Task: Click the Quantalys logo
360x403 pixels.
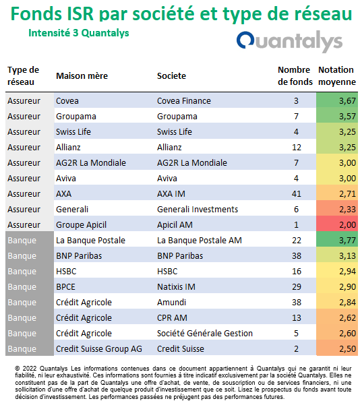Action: click(x=289, y=41)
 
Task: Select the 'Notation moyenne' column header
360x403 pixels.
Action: click(x=337, y=76)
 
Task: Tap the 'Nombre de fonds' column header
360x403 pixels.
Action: click(x=295, y=76)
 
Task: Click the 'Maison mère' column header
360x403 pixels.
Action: click(x=82, y=76)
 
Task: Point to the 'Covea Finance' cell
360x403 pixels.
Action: click(x=184, y=101)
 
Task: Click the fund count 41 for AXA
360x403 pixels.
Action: click(x=296, y=194)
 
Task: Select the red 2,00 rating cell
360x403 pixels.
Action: click(x=337, y=225)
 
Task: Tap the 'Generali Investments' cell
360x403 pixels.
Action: click(x=198, y=209)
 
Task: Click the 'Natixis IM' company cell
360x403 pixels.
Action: click(x=176, y=287)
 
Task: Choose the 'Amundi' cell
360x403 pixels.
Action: click(x=171, y=302)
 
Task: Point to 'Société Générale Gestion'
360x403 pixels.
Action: click(x=205, y=334)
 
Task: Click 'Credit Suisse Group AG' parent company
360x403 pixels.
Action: click(x=99, y=349)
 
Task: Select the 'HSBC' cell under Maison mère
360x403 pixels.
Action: click(x=66, y=272)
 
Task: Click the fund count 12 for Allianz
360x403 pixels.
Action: click(x=296, y=148)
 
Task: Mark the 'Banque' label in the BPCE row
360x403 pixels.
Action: click(x=22, y=287)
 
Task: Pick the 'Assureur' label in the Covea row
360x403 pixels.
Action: click(x=24, y=101)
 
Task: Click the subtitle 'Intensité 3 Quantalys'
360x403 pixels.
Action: click(x=79, y=33)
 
